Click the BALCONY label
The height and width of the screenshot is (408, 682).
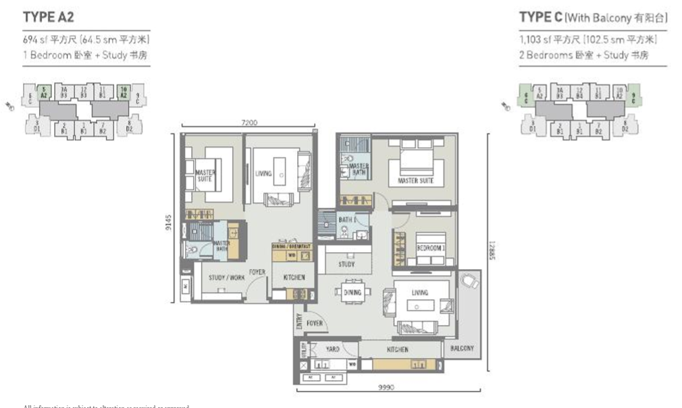click(462, 349)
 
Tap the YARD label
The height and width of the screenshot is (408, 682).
click(333, 349)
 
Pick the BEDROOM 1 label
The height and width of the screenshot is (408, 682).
click(429, 248)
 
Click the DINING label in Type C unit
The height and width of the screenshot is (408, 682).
click(352, 292)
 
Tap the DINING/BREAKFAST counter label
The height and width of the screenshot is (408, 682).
click(291, 246)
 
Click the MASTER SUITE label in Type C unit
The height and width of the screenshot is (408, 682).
click(415, 181)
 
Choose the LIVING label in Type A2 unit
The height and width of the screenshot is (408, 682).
click(263, 173)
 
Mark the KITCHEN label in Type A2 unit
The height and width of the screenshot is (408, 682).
click(294, 277)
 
